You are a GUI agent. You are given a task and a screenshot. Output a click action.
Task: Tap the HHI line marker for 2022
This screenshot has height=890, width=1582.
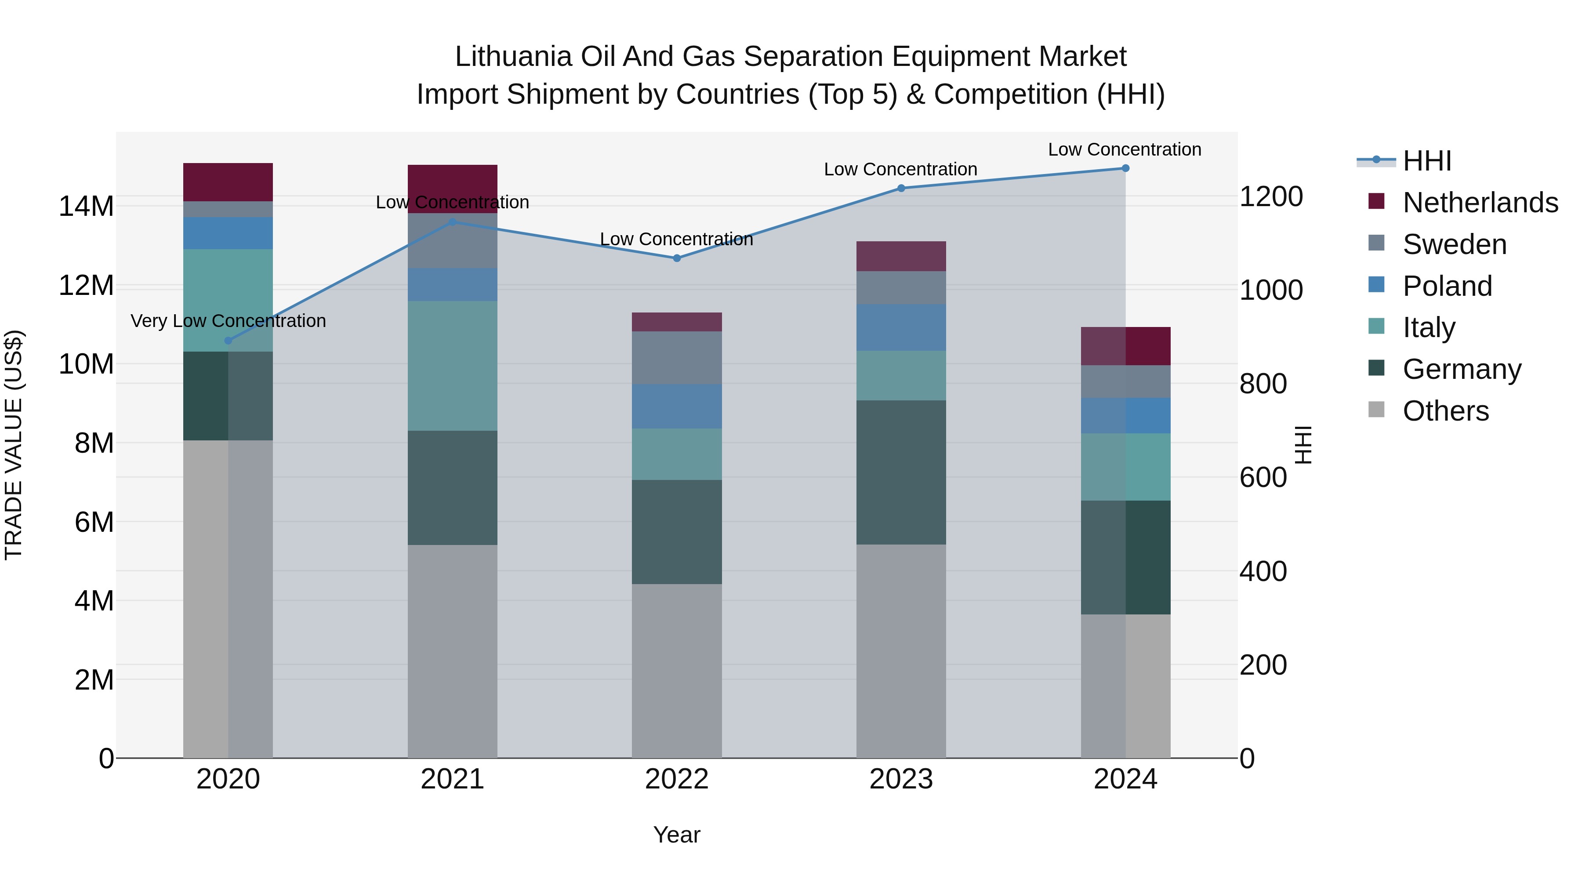pos(677,258)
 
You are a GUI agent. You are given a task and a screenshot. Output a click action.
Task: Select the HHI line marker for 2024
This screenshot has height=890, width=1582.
pos(1125,168)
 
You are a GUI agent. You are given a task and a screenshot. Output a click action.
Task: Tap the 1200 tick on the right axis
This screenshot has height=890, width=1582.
pos(1270,196)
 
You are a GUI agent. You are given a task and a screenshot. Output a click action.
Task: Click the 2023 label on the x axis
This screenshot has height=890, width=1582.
pos(901,779)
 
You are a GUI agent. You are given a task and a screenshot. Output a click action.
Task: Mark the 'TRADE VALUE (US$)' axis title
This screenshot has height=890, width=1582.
pos(14,445)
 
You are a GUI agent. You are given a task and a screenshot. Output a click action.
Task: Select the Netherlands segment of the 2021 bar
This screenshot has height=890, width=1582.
pos(453,184)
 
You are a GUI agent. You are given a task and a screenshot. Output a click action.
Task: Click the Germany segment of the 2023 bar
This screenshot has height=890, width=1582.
pos(901,472)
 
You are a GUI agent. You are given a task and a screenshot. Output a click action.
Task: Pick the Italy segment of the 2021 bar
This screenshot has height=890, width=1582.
pos(453,366)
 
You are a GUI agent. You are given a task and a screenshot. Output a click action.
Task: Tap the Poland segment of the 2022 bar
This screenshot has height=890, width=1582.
pos(677,407)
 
